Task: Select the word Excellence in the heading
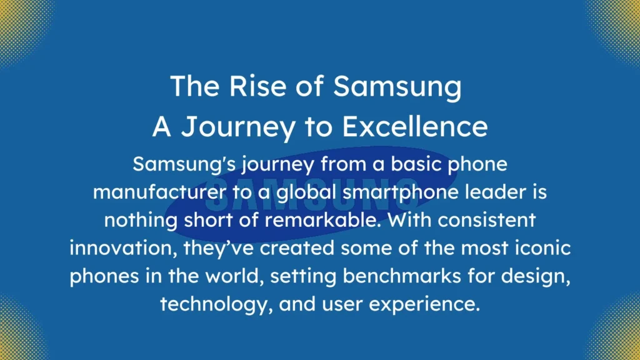tap(415, 127)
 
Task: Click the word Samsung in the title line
tap(397, 86)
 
